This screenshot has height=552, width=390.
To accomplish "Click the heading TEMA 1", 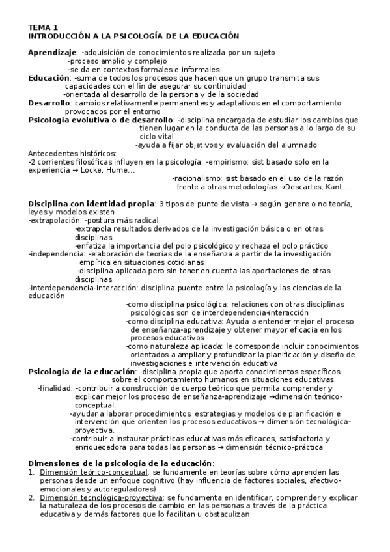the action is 43,28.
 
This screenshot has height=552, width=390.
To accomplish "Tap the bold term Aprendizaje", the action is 52,53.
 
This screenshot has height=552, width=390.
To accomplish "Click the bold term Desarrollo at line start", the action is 49,103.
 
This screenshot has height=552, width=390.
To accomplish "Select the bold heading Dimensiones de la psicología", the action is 120,463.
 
